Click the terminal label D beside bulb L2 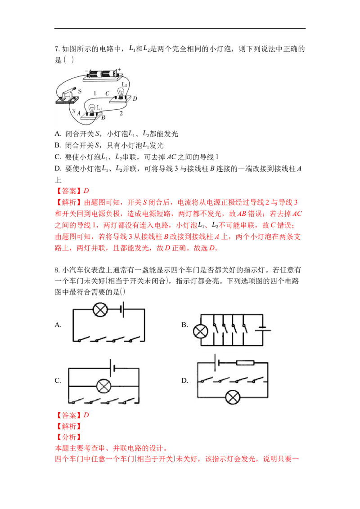pos(135,98)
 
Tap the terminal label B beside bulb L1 pos(103,117)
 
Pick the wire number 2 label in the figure pos(121,113)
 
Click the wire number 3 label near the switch pos(73,111)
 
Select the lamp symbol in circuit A pos(100,309)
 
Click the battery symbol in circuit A pos(122,309)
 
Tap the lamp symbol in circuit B pos(200,331)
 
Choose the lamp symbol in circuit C pos(103,386)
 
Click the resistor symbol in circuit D pos(245,362)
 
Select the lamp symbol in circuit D pos(233,397)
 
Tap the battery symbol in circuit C pos(113,368)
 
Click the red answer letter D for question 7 pos(86,191)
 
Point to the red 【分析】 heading pos(68,437)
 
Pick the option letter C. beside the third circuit pos(58,380)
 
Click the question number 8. pos(57,270)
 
